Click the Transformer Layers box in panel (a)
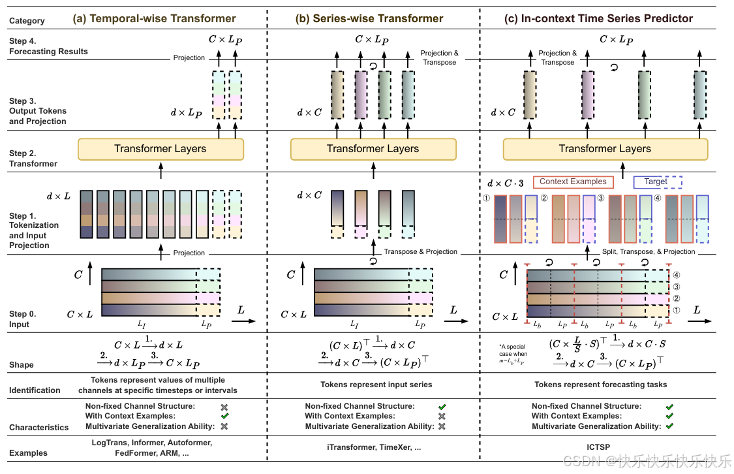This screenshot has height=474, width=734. pyautogui.click(x=160, y=149)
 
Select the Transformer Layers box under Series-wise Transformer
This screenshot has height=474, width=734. pyautogui.click(x=373, y=149)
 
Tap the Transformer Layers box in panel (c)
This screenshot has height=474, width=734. pyautogui.click(x=605, y=149)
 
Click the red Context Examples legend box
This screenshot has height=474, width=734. pyautogui.click(x=573, y=182)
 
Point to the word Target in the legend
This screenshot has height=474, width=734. pyautogui.click(x=655, y=182)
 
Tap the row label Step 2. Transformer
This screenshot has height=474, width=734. pyautogui.click(x=33, y=159)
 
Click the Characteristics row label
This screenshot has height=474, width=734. pyautogui.click(x=38, y=428)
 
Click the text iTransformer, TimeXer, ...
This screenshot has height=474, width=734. pyautogui.click(x=373, y=448)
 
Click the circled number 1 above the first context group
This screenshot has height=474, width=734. pyautogui.click(x=486, y=198)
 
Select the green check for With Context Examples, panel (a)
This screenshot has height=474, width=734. pyautogui.click(x=224, y=416)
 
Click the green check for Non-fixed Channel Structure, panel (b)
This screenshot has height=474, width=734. pyautogui.click(x=442, y=407)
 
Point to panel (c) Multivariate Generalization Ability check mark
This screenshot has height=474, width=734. pyautogui.click(x=669, y=426)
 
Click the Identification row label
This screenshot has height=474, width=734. pyautogui.click(x=35, y=390)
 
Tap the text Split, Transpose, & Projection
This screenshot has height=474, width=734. pyautogui.click(x=649, y=251)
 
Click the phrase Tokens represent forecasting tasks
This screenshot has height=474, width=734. pyautogui.click(x=600, y=385)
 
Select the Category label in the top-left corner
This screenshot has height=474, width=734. pyautogui.click(x=27, y=21)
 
